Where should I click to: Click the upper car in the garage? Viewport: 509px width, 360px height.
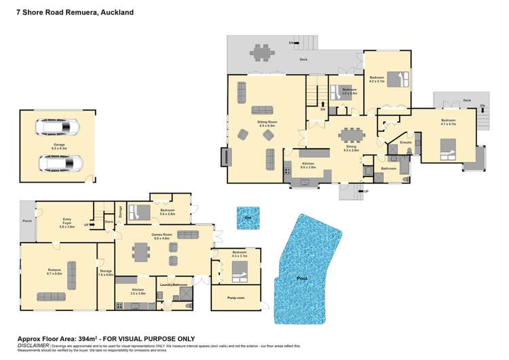click(57, 127)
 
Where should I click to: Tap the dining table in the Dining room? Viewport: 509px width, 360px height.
click(352, 133)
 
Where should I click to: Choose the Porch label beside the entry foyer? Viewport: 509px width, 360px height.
click(27, 219)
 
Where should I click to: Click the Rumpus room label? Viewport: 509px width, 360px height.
click(54, 270)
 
